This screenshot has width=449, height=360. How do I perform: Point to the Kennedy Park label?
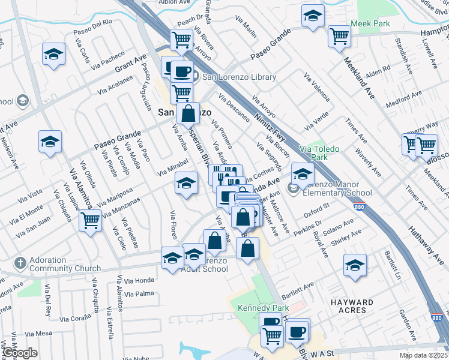[x=259, y=307]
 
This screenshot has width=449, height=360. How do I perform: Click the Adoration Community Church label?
[x=58, y=265]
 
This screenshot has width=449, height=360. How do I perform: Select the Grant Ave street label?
[x=131, y=62]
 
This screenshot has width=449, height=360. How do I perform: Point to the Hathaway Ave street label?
[x=424, y=241]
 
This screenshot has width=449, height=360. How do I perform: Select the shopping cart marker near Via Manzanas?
[x=91, y=220]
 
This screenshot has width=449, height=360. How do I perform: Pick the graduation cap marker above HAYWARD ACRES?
[x=355, y=265]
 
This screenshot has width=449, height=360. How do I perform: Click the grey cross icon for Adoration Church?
[x=20, y=263]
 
